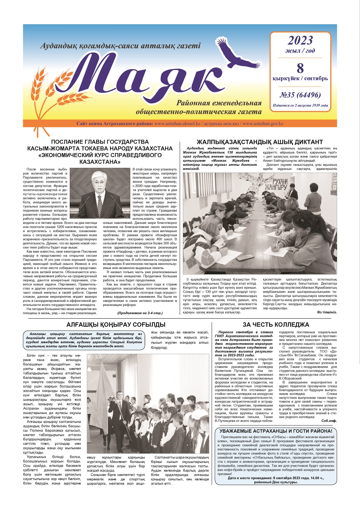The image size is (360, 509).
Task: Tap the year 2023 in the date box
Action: click(300, 41)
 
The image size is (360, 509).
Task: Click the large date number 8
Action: click(300, 68)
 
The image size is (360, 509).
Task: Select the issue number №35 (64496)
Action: click(300, 95)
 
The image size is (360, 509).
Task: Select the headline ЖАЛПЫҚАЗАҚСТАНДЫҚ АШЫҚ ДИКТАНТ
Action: click(259, 142)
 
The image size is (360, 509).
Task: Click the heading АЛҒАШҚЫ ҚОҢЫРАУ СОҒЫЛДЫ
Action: click(116, 324)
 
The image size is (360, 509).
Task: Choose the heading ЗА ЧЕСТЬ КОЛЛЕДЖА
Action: click(276, 324)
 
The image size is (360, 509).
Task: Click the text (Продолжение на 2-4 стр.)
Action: click(140, 313)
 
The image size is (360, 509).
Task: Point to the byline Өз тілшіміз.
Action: click(326, 312)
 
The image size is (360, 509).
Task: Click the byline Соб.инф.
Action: click(329, 421)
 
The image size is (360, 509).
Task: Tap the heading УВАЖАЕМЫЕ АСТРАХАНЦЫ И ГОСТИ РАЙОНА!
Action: click(276, 431)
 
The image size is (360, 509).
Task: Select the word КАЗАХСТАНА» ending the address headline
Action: click(100, 162)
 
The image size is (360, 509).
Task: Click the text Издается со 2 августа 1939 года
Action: click(300, 106)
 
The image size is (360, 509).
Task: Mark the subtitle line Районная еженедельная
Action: click(219, 103)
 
